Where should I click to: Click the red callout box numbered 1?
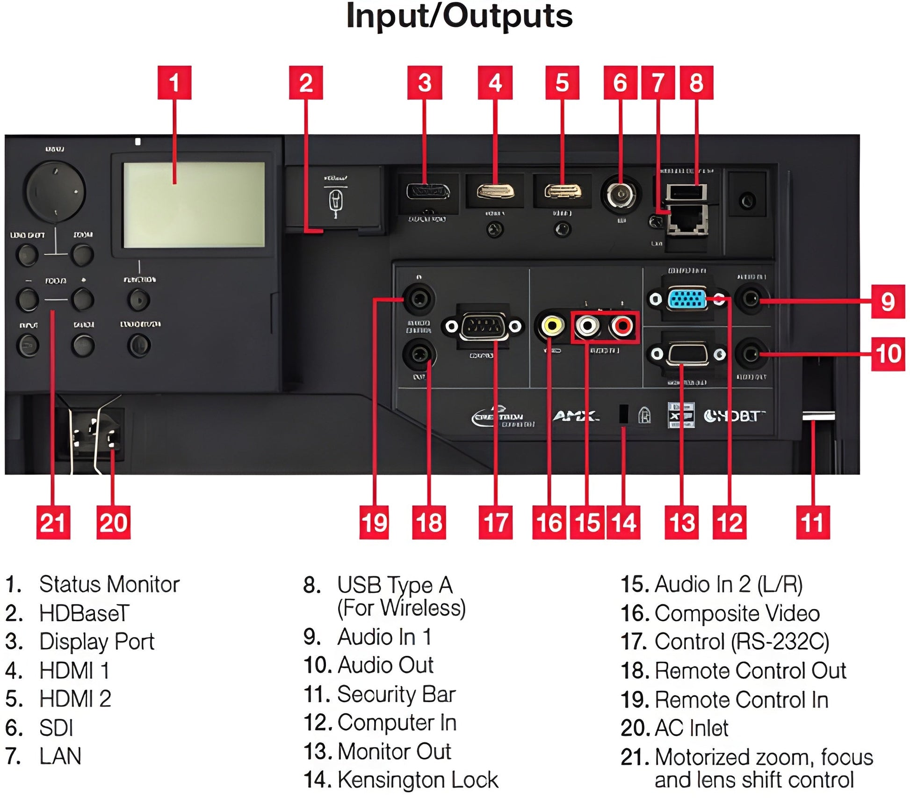point(174,82)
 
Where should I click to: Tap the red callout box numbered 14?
point(623,522)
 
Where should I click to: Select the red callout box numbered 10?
point(888,354)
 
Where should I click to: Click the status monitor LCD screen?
point(194,204)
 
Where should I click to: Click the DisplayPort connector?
point(428,191)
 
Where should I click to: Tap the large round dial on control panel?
point(56,192)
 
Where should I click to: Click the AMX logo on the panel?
point(576,416)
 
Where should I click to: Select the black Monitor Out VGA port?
point(687,354)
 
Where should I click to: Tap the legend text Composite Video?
point(737,613)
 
